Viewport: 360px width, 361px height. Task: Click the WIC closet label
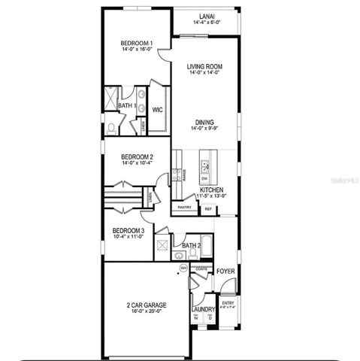click(158, 110)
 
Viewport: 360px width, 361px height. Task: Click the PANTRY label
click(183, 208)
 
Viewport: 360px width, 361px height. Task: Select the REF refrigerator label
click(208, 208)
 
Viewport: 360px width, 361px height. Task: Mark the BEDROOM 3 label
click(128, 231)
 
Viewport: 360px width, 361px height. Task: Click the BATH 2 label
click(191, 245)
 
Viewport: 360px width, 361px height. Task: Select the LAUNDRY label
click(204, 308)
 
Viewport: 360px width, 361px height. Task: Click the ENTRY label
click(228, 302)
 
